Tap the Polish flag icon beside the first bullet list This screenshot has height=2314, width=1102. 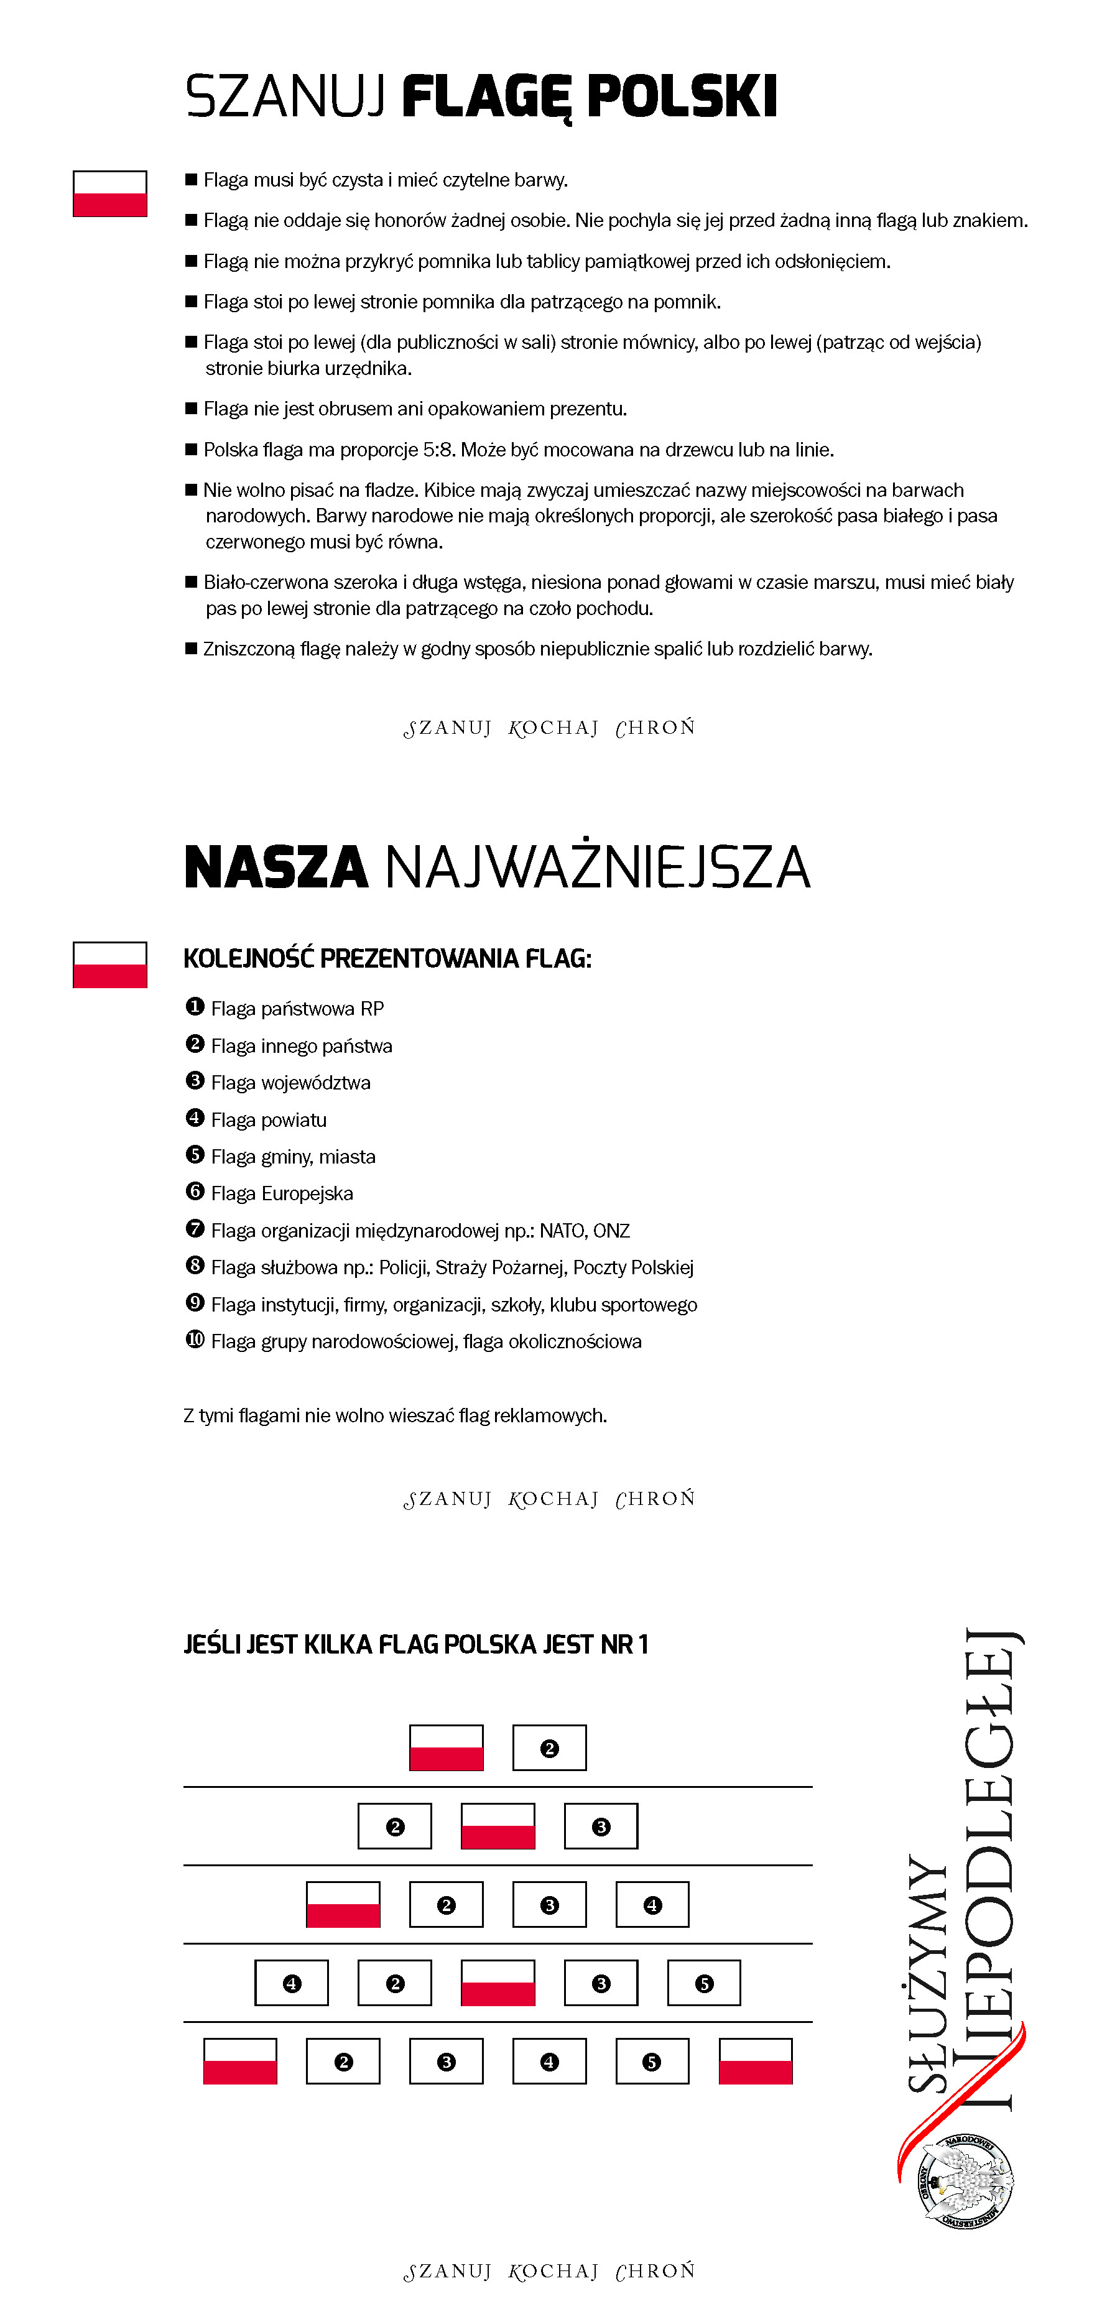click(x=109, y=194)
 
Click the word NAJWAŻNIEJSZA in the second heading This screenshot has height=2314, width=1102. click(x=597, y=868)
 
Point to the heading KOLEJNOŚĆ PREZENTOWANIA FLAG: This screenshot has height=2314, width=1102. click(x=387, y=958)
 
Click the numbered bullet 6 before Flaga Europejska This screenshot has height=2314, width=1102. click(x=195, y=1192)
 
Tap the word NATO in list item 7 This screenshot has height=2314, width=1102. click(x=562, y=1231)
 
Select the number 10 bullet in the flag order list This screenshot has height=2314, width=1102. click(x=195, y=1340)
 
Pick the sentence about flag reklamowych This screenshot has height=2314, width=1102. click(x=395, y=1416)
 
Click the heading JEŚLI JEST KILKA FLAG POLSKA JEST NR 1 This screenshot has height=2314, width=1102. click(x=415, y=1645)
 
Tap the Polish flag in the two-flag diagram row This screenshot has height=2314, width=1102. click(x=447, y=1748)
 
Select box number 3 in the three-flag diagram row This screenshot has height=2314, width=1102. click(x=601, y=1826)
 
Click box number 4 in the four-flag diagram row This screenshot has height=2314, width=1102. click(x=652, y=1904)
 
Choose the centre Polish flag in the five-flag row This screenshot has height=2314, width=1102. click(x=498, y=1983)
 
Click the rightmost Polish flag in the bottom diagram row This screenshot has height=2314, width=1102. click(x=756, y=2062)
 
